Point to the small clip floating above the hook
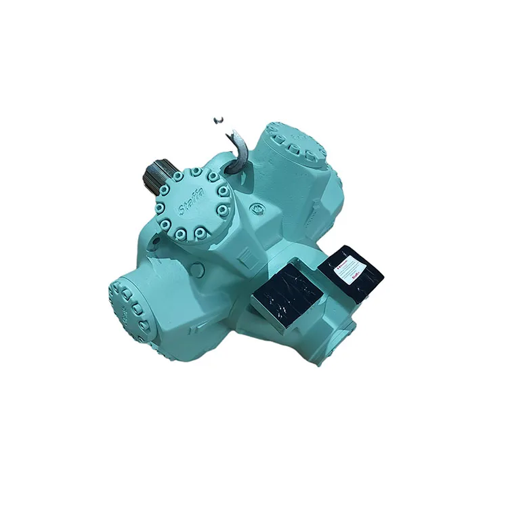click(218, 120)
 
